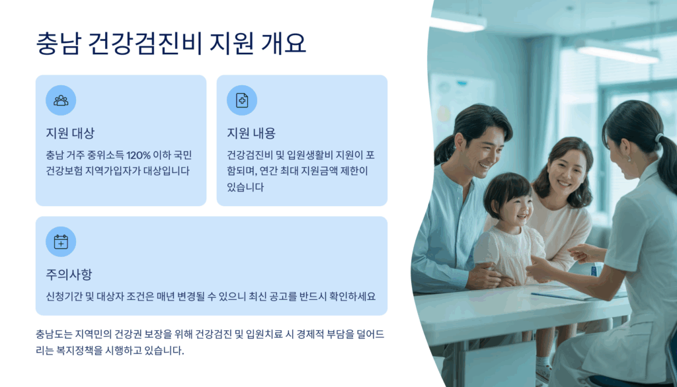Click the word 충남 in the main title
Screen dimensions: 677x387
click(x=58, y=44)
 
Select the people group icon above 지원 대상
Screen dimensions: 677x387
click(x=61, y=100)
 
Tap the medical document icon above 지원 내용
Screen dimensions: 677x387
click(x=242, y=100)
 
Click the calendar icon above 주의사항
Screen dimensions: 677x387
click(x=61, y=242)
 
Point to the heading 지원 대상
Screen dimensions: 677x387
click(x=70, y=133)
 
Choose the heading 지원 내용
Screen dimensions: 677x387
click(x=251, y=133)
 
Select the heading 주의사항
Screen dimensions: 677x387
click(x=69, y=274)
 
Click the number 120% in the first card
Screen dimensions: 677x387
click(x=139, y=155)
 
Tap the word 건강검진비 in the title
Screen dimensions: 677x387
click(x=145, y=44)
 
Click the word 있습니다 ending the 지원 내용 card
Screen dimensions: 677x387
click(x=245, y=188)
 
